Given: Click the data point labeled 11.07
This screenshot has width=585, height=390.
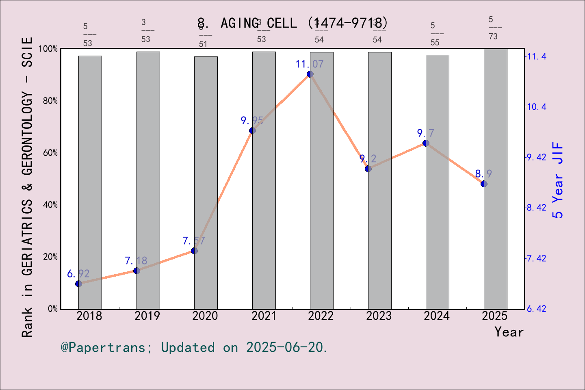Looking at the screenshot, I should (310, 74).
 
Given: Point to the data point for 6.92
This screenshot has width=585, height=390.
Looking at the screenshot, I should (79, 284).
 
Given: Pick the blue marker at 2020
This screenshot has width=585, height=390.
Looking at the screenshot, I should (194, 251).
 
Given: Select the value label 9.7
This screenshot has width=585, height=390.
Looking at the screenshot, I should (425, 133).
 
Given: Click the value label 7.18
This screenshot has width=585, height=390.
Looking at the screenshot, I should (136, 260).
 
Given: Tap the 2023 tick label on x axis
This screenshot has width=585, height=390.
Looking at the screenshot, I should (379, 316).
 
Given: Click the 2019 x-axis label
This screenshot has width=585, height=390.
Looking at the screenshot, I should (147, 316).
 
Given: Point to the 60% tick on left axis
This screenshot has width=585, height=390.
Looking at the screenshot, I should (50, 153).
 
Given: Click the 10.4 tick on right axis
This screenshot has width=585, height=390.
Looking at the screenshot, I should (537, 107).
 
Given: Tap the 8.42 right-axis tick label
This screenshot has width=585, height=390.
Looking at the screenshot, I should (537, 208).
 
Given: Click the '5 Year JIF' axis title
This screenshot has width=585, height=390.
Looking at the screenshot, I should (558, 180).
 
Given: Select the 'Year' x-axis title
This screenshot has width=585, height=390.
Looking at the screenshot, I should (509, 332).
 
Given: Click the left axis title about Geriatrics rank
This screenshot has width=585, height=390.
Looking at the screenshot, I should (27, 187).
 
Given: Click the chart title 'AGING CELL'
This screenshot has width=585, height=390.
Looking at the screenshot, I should (292, 23).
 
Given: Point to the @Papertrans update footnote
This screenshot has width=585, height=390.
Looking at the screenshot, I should (194, 347).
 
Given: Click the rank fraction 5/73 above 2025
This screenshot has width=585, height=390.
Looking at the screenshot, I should (493, 28).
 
